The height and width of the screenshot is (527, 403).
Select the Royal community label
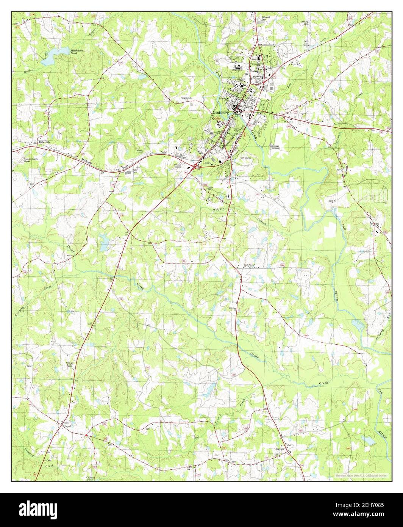pyautogui.click(x=68, y=427)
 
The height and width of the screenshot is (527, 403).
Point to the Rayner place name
pyautogui.click(x=280, y=449)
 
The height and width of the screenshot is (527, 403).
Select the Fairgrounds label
pyautogui.click(x=186, y=98)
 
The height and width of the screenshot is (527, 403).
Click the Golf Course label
pyautogui.click(x=245, y=158)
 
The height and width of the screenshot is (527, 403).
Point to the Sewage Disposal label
pyautogui.click(x=278, y=147)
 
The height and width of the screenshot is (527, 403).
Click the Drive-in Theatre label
pyautogui.click(x=180, y=166)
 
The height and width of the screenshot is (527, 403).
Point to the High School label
pyautogui.click(x=237, y=70)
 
